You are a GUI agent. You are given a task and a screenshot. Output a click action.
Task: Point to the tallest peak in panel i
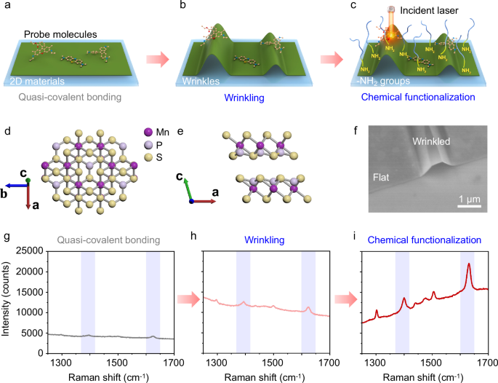[x=469, y=264]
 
